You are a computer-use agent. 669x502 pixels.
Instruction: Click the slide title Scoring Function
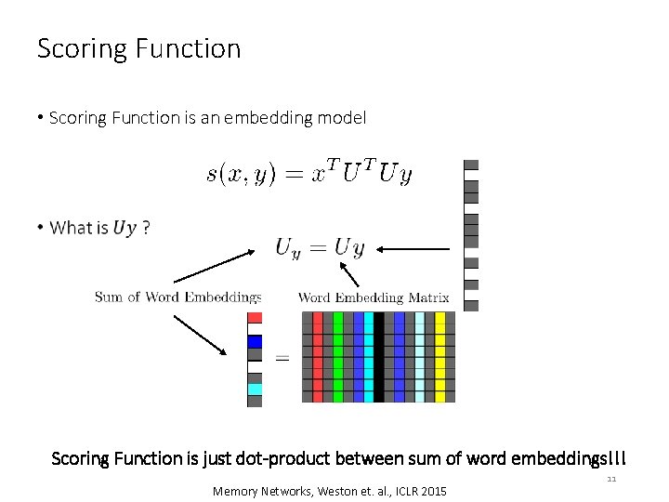click(138, 48)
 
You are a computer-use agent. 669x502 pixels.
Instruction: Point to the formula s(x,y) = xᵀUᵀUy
click(309, 174)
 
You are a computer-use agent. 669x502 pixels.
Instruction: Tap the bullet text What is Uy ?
click(100, 228)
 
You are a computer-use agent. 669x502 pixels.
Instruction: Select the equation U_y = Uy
click(320, 248)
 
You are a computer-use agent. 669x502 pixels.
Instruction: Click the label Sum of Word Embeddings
click(177, 297)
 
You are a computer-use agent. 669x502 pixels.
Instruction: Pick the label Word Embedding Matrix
click(374, 297)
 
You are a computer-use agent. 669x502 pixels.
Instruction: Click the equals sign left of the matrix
click(282, 358)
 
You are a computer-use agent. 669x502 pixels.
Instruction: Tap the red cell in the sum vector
click(255, 318)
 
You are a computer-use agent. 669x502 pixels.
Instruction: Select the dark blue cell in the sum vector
click(255, 341)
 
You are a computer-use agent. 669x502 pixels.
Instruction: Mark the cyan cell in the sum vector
click(255, 390)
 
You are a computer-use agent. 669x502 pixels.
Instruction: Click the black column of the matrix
click(379, 357)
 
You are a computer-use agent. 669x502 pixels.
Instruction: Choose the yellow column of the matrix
click(439, 357)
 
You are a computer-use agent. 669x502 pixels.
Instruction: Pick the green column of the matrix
click(338, 357)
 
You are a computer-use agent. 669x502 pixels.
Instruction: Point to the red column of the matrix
click(318, 357)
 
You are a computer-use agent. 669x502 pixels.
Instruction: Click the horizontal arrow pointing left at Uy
click(413, 248)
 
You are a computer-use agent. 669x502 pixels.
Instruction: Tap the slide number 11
click(610, 480)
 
